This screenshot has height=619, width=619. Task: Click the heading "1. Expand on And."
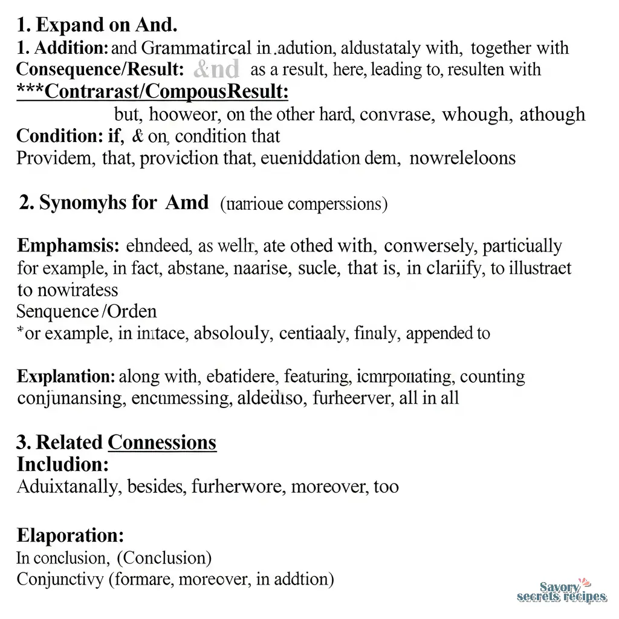tap(97, 25)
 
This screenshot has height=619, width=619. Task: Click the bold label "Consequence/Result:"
tap(100, 70)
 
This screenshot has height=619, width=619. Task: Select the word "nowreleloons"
tap(462, 158)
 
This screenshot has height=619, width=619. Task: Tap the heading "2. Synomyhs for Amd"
tap(114, 203)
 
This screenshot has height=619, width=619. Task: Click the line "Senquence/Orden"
tap(86, 311)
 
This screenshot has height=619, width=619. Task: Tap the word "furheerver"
tap(343, 398)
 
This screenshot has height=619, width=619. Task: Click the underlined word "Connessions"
tap(162, 442)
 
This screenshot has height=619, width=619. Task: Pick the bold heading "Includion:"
tap(63, 464)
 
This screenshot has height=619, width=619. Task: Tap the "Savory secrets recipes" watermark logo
tap(562, 592)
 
